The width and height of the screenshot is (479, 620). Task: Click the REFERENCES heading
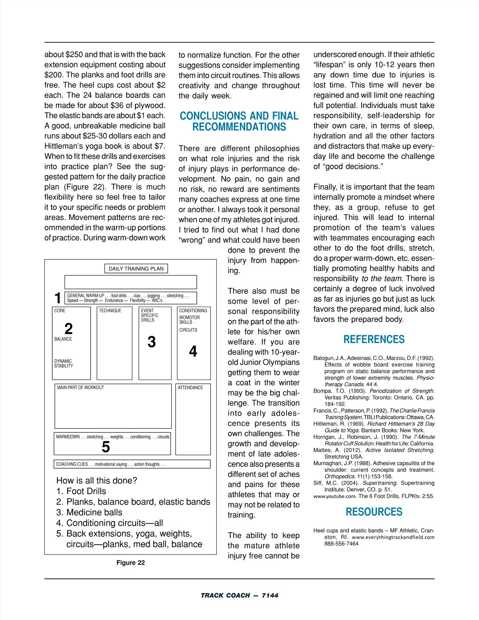point(374,340)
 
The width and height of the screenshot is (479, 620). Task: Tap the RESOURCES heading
point(374,512)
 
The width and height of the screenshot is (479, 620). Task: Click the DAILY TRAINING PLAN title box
point(136,269)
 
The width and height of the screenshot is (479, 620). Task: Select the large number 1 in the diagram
point(58,298)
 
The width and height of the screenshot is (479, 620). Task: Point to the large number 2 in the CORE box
point(69,329)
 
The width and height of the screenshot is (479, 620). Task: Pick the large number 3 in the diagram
point(152,342)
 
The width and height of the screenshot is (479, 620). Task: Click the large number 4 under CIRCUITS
point(193,351)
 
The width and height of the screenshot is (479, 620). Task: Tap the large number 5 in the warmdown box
point(106,447)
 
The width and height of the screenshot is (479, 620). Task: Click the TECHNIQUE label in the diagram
point(110,311)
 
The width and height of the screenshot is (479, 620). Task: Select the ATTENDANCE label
point(190,388)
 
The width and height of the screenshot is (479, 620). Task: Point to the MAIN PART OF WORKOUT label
point(80,388)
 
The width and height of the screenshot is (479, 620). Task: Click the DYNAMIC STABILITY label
point(63,363)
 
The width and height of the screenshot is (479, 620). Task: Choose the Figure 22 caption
point(131,563)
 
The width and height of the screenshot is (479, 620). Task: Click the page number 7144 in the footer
point(270,595)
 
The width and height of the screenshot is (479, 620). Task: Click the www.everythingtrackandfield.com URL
point(393,537)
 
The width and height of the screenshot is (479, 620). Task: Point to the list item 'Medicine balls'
point(94,512)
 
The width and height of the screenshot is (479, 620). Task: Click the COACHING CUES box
point(132,464)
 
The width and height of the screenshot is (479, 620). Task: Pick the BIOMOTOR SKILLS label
point(189,320)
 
